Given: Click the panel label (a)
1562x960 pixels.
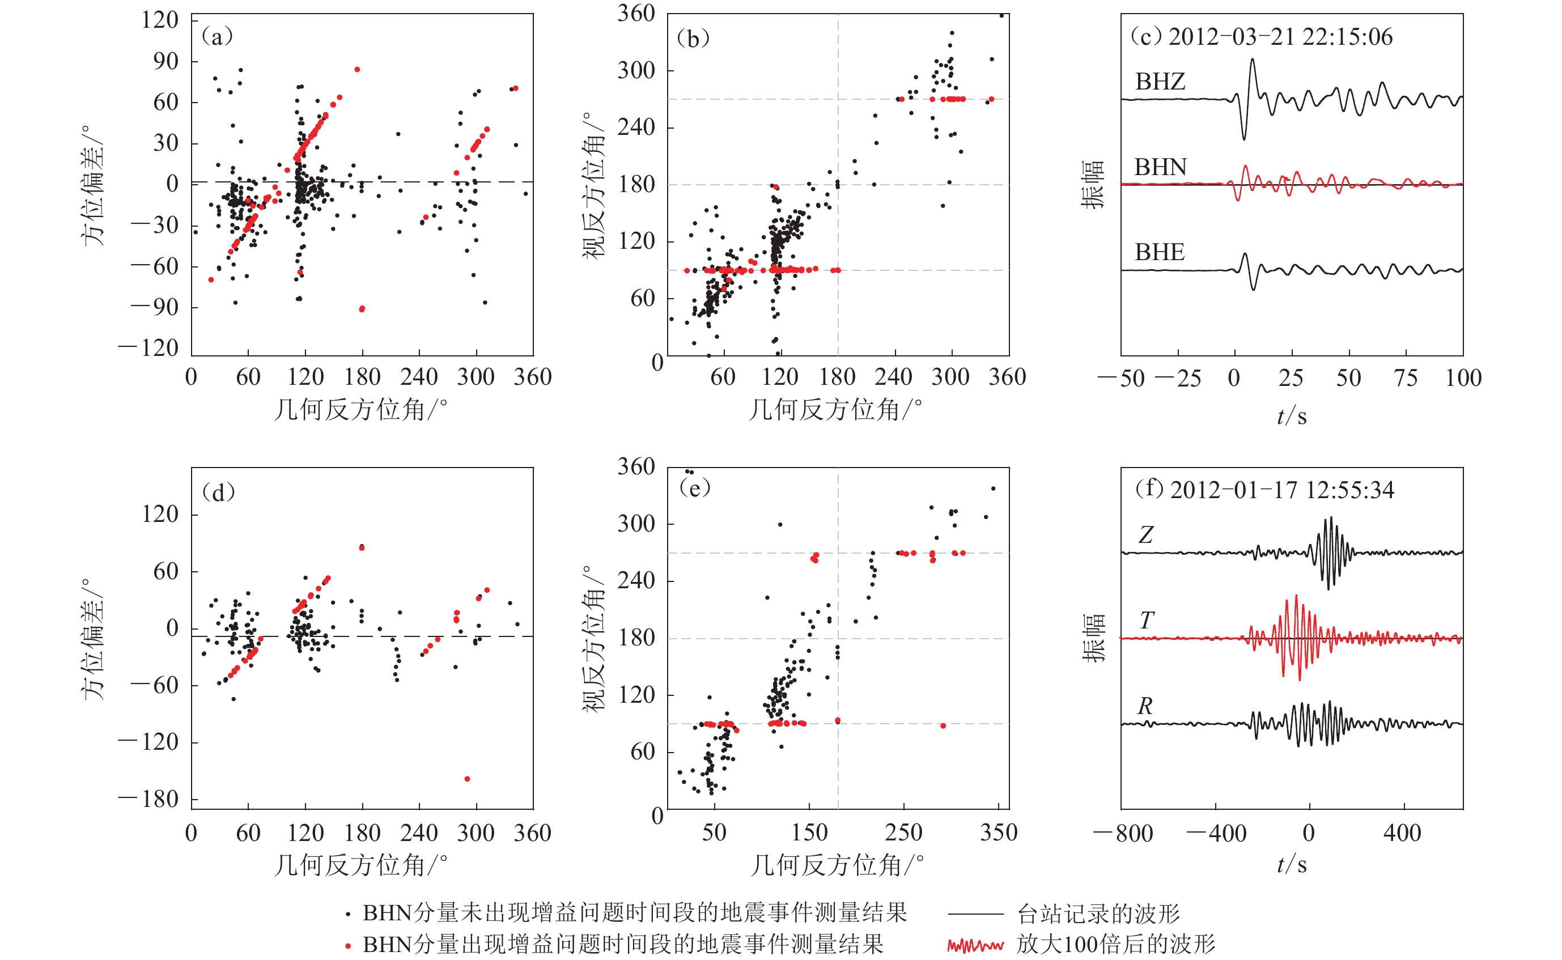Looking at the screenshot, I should coord(217,37).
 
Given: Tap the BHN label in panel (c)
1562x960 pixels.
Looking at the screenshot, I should coord(1160,167).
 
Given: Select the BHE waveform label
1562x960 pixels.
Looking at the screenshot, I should coord(1160,252).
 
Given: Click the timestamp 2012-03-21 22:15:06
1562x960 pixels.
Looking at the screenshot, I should coord(1280,37).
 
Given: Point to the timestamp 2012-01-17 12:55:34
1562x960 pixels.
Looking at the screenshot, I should coord(1281,490).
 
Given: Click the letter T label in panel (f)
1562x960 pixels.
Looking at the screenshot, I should coord(1146,621).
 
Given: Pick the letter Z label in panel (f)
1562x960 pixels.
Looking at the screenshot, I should coord(1145,534).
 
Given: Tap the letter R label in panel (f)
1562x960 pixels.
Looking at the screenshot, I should coord(1145,706).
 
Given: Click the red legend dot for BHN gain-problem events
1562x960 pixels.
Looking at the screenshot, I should coord(348,946).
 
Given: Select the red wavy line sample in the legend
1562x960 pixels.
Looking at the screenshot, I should coord(975,946).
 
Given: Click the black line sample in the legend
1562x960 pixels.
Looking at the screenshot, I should coord(975,914).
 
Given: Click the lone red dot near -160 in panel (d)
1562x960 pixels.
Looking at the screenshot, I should coord(468,779).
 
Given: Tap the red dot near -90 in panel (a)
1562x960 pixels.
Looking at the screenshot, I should coord(362,309).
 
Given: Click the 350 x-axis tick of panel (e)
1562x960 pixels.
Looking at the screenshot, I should coord(999,832).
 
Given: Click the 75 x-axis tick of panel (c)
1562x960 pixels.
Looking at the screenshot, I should coord(1406,378).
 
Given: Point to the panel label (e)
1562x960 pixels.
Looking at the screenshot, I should coord(694,487).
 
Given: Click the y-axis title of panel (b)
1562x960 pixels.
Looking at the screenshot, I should coord(594,185).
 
